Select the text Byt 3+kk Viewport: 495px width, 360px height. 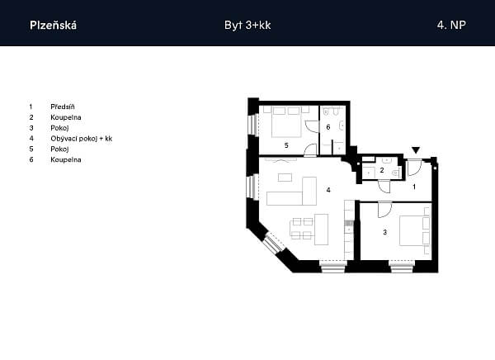(x=247, y=26)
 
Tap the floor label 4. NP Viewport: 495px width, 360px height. (x=451, y=26)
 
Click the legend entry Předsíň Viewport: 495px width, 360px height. (x=63, y=107)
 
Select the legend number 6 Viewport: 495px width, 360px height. (x=30, y=160)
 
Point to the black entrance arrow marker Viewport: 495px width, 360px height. (x=416, y=150)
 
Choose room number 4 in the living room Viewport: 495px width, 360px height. (x=328, y=191)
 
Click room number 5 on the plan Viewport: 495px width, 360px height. (x=286, y=144)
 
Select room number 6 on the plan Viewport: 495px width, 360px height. (x=328, y=127)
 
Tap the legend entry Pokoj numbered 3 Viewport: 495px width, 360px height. (x=59, y=128)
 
